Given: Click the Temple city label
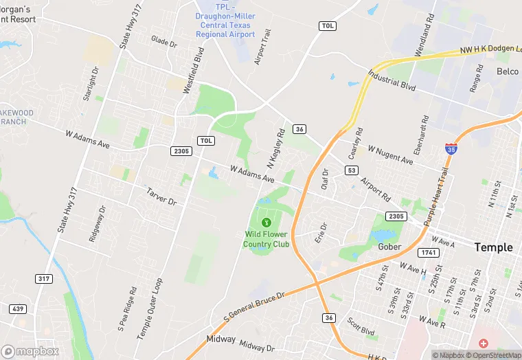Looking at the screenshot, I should [x=494, y=247].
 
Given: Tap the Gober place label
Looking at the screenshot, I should [x=389, y=247].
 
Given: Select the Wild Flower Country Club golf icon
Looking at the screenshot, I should [x=266, y=222].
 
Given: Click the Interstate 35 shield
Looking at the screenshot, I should [x=451, y=148].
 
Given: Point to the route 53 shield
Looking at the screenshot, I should [x=352, y=170].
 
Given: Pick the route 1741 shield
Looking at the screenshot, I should [x=430, y=253].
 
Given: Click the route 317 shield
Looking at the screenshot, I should [x=43, y=278].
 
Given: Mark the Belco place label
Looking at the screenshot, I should [x=508, y=71].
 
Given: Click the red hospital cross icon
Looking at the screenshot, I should [x=484, y=343].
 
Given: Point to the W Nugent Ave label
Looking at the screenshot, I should [x=390, y=155].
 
